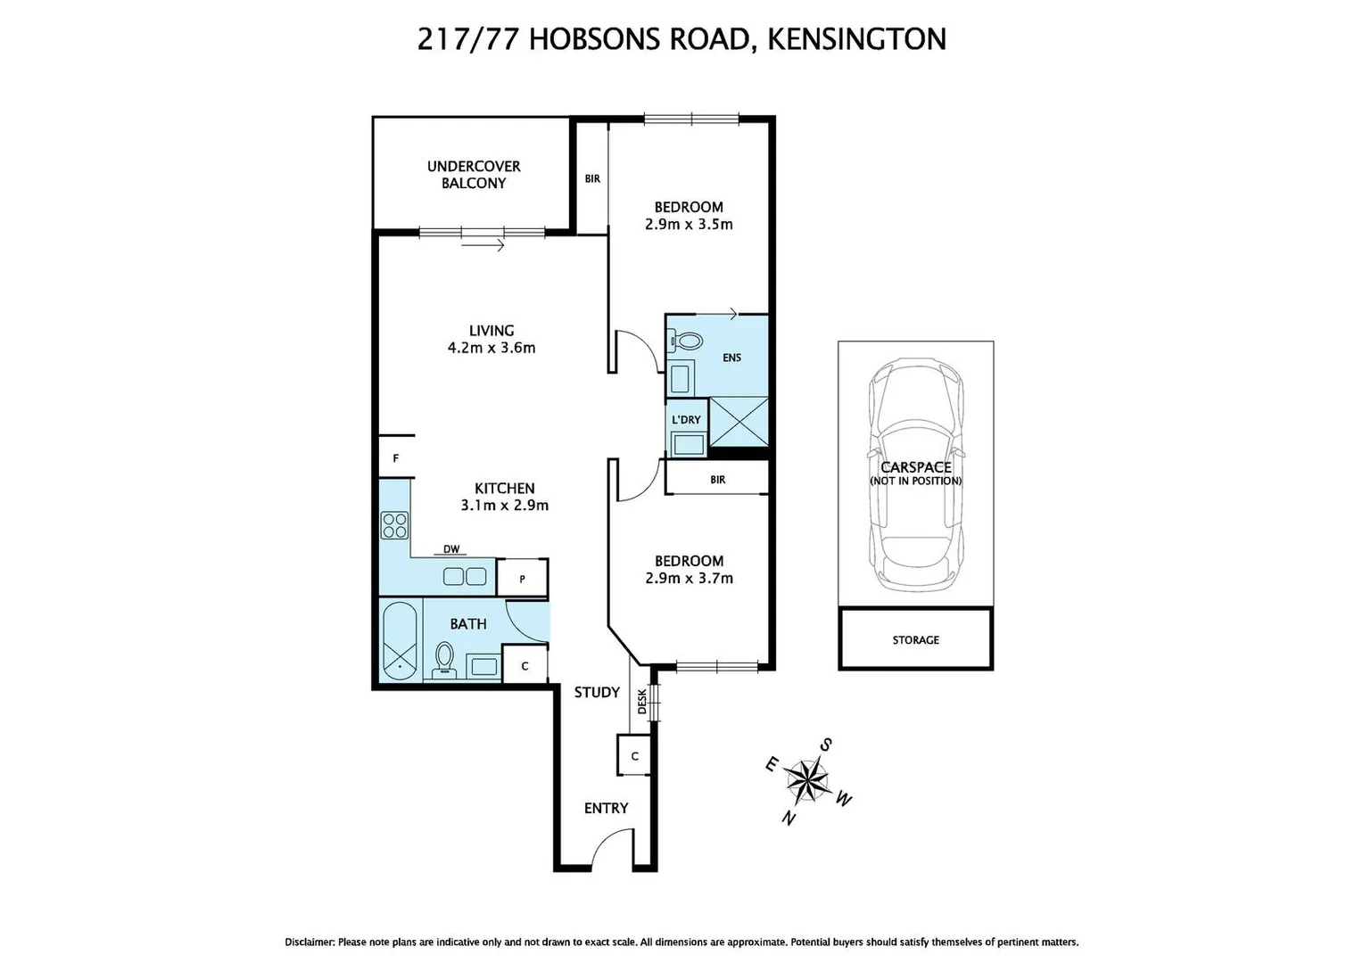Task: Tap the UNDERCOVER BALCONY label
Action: (474, 175)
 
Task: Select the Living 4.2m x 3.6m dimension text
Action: (492, 348)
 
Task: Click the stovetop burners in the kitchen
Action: (394, 525)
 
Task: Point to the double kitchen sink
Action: (464, 576)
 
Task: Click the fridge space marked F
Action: (395, 459)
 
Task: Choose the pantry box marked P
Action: (522, 579)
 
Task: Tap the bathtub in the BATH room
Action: (400, 640)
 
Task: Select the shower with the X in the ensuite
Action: (739, 423)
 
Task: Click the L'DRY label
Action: (686, 419)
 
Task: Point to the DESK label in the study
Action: (642, 701)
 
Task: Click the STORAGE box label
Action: (915, 640)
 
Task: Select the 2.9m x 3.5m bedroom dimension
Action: (689, 225)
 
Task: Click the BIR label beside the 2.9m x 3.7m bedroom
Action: (718, 480)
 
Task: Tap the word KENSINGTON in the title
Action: (856, 39)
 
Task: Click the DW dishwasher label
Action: (451, 549)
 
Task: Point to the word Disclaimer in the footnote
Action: (310, 942)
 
